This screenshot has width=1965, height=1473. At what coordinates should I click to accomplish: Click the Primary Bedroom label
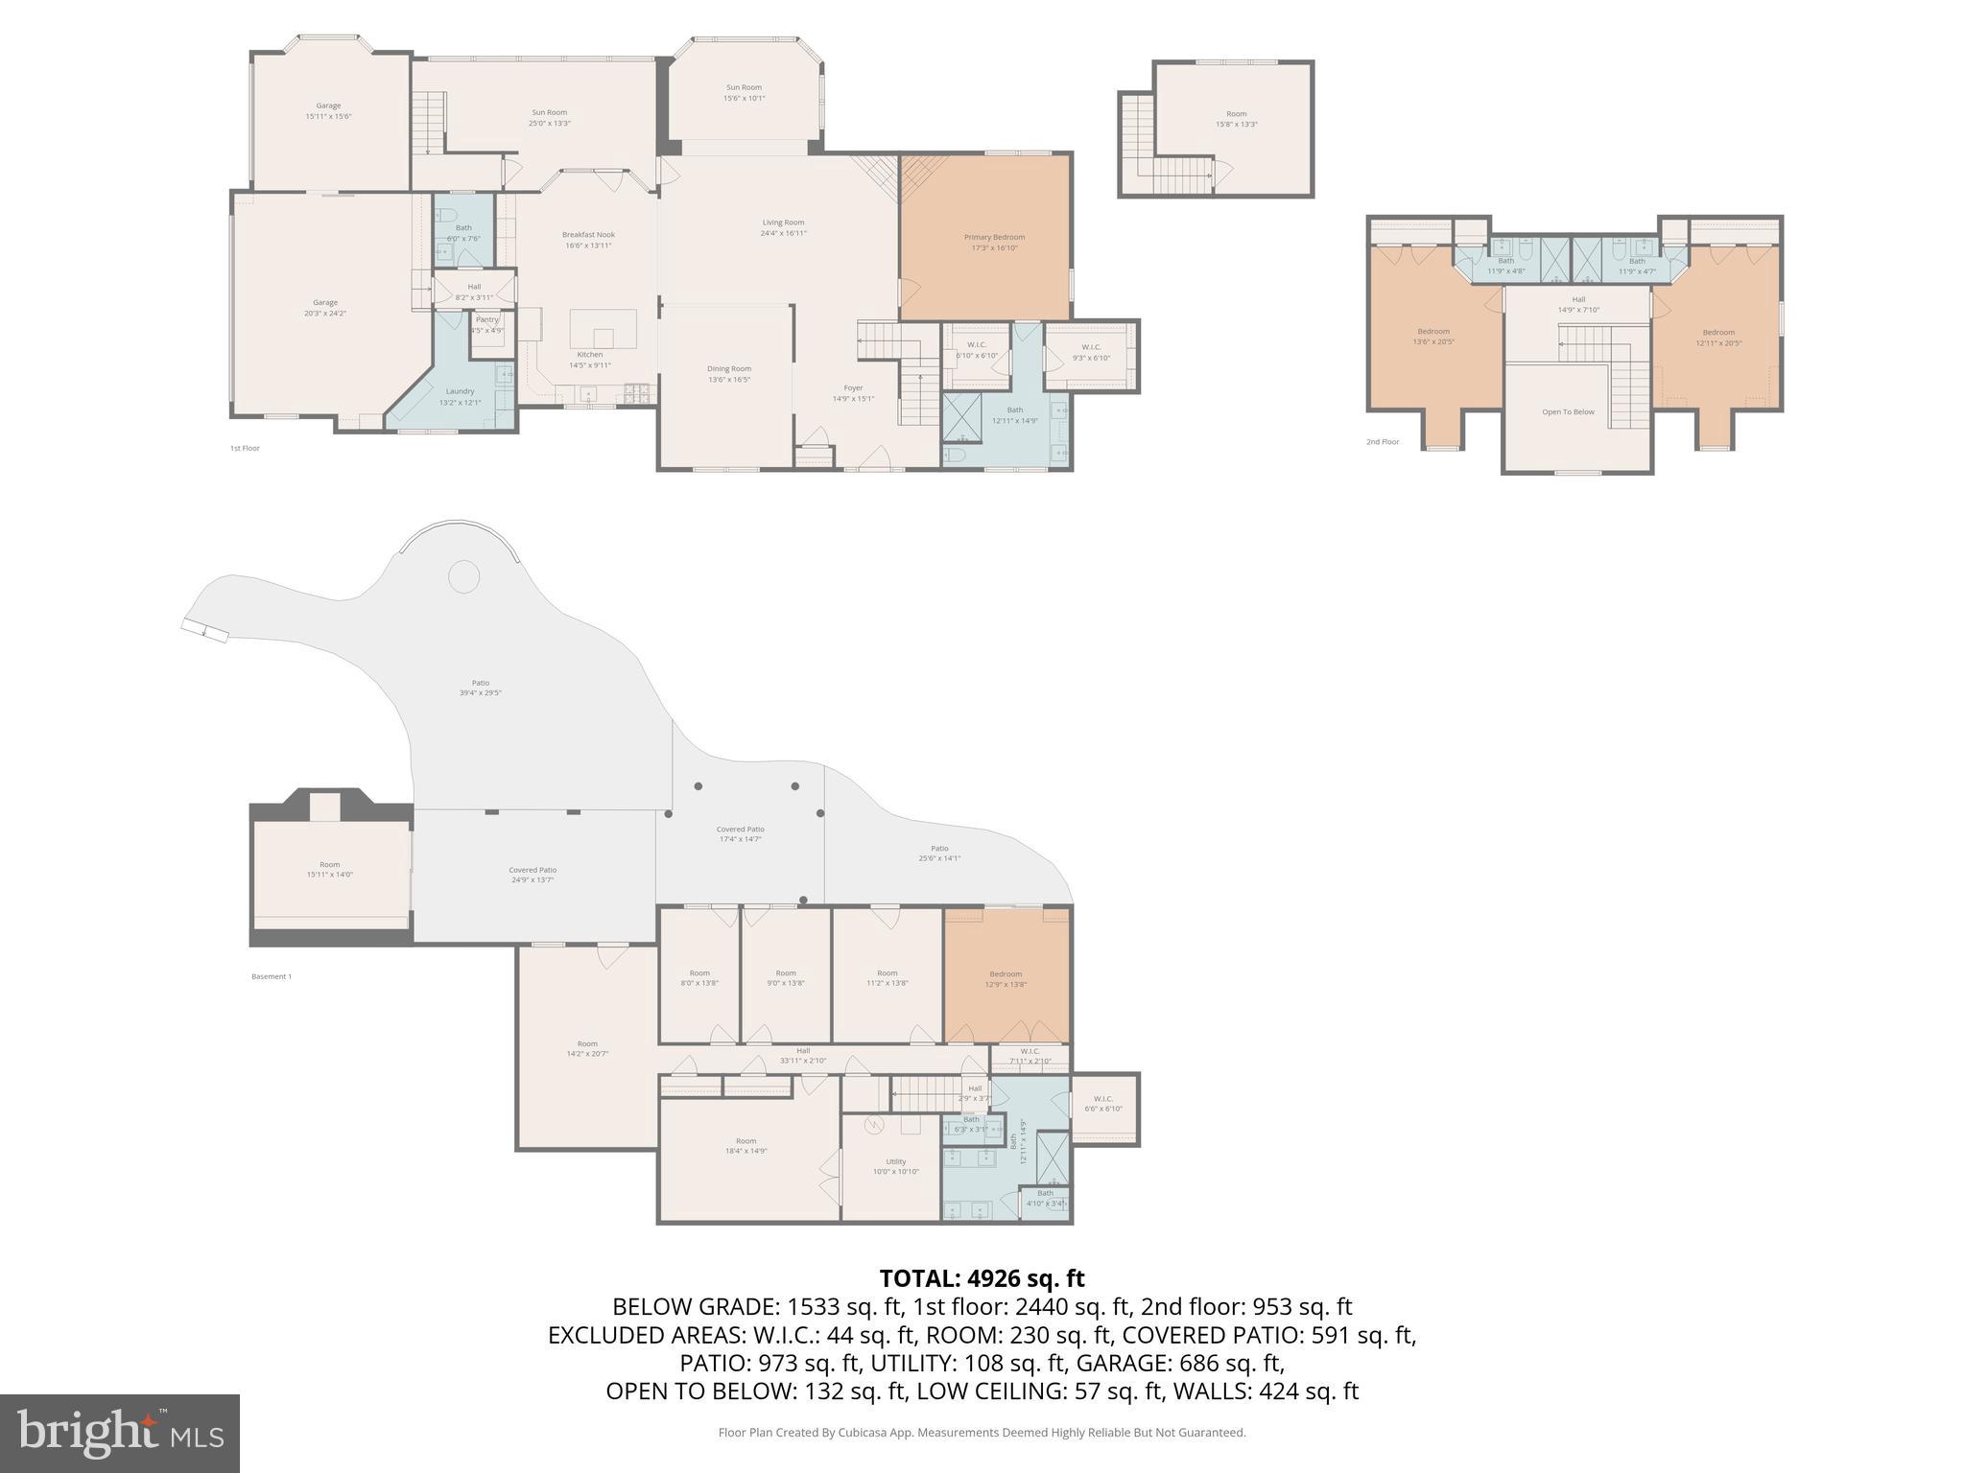tap(994, 243)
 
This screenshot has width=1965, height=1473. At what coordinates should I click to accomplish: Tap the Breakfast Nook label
tap(588, 240)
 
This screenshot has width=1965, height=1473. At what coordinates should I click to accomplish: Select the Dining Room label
tap(729, 374)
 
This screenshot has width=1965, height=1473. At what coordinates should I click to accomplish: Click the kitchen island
tap(604, 329)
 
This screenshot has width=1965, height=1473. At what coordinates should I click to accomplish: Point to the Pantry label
tap(487, 324)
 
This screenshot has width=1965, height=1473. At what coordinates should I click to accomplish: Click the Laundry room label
tap(460, 396)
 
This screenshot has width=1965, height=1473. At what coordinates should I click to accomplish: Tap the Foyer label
tap(853, 393)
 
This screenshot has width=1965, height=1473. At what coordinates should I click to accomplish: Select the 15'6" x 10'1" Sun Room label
tap(744, 92)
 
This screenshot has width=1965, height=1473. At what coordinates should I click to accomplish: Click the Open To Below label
tap(1568, 412)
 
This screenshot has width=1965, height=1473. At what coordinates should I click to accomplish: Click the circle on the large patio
tap(464, 576)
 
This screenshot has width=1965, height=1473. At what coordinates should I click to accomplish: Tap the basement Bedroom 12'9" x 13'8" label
tap(1006, 978)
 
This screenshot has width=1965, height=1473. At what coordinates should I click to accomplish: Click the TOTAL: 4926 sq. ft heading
tap(982, 1278)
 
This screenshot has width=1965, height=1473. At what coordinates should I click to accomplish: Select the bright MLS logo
tap(120, 1433)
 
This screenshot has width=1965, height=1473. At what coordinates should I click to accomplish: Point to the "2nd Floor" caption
tap(1383, 442)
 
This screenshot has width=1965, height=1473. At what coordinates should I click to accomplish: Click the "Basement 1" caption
tap(271, 976)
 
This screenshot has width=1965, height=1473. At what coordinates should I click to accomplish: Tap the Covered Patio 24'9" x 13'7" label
tap(533, 875)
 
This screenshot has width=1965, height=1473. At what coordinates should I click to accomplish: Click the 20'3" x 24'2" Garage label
tap(324, 308)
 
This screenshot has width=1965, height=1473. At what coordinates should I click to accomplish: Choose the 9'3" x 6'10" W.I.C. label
tap(1091, 352)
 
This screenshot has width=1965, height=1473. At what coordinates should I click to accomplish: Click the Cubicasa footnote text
tap(982, 1433)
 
